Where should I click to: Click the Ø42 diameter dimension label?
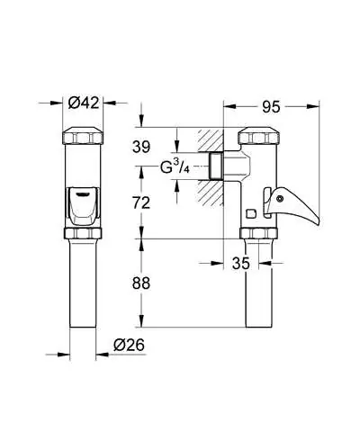click(x=84, y=103)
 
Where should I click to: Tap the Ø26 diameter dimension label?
click(x=129, y=345)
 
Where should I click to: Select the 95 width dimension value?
click(x=271, y=107)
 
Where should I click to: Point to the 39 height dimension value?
click(x=141, y=147)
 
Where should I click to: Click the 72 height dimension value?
click(x=141, y=203)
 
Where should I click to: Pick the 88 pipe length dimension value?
click(x=141, y=283)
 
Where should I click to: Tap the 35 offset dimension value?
click(x=241, y=264)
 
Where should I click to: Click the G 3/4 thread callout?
click(x=175, y=166)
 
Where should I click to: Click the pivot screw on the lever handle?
click(x=280, y=199)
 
